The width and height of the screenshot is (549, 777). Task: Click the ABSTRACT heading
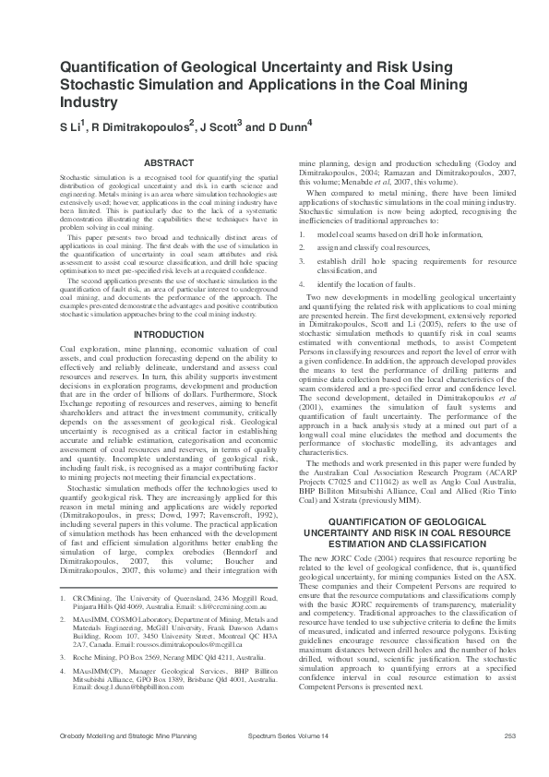pyautogui.click(x=162, y=161)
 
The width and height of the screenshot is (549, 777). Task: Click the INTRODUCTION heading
pyautogui.click(x=162, y=333)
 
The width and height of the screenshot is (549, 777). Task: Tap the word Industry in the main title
pyautogui.click(x=90, y=102)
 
